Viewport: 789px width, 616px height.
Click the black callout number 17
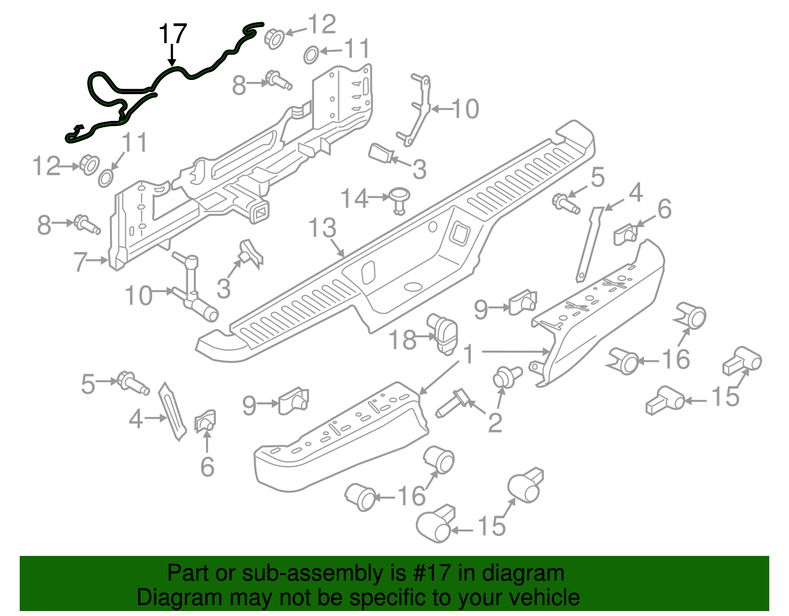[173, 34]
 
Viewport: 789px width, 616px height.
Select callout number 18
[403, 340]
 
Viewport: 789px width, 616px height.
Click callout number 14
[354, 198]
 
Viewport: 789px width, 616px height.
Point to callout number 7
[80, 261]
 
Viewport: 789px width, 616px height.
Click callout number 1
[468, 355]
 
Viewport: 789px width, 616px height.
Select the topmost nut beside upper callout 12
[274, 38]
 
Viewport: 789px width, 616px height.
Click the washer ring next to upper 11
[310, 55]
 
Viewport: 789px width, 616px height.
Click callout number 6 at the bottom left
[207, 467]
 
